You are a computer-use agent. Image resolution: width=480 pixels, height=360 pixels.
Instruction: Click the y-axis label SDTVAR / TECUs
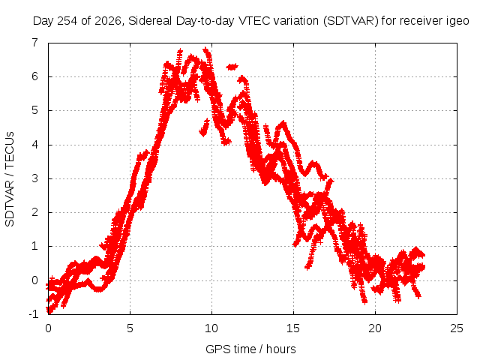(10, 179)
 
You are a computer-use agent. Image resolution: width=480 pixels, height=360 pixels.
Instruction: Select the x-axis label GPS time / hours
(250, 349)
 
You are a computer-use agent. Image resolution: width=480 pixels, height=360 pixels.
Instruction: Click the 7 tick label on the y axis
(35, 42)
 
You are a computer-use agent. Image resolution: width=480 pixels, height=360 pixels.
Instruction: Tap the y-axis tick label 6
(35, 76)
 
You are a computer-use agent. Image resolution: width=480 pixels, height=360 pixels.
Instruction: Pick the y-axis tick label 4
(35, 145)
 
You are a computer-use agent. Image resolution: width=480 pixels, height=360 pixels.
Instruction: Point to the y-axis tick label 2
(35, 212)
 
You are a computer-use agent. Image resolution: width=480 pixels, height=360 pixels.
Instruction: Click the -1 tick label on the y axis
(34, 314)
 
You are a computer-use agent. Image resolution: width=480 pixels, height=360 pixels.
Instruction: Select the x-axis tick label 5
(130, 328)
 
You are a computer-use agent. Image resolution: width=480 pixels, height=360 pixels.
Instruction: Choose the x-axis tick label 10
(211, 328)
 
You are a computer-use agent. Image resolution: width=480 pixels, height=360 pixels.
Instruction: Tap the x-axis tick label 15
(293, 328)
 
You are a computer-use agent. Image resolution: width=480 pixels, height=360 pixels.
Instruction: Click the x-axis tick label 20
(375, 328)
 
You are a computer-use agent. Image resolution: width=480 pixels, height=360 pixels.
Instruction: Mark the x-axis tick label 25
(457, 328)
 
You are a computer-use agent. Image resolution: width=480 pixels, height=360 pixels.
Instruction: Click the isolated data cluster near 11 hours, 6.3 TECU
(232, 67)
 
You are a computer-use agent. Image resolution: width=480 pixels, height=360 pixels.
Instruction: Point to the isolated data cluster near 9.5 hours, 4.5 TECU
(204, 127)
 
